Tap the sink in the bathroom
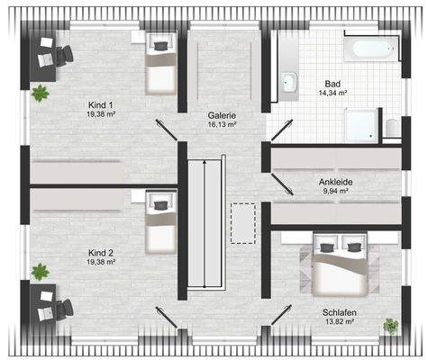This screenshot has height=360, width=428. (x=289, y=84)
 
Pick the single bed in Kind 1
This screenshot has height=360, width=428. (x=159, y=66)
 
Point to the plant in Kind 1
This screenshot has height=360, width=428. (x=40, y=91)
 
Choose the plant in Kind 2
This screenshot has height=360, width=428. (x=40, y=269)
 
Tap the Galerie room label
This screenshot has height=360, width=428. (x=222, y=115)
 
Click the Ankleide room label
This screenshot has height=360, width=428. (x=335, y=182)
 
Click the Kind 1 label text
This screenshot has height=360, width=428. (x=102, y=104)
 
